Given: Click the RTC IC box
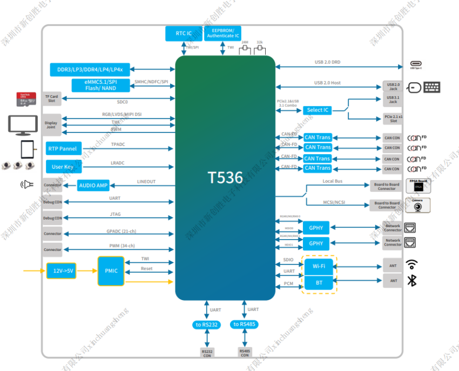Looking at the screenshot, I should tap(184, 34).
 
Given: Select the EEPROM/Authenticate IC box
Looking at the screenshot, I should tap(223, 34).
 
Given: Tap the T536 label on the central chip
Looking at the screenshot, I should tap(225, 177).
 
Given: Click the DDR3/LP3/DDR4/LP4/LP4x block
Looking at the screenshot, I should tap(90, 70).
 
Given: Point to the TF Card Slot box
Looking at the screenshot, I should tap(52, 98).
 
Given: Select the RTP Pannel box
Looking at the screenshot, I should tap(63, 149).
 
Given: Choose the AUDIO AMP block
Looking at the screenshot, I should tap(94, 186).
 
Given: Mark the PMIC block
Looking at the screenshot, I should tap(111, 270).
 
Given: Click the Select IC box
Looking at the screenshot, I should tap(318, 110).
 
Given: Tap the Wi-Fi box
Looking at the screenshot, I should tap(319, 266).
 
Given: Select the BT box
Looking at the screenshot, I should tap(319, 282).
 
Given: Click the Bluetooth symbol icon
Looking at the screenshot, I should tap(411, 280).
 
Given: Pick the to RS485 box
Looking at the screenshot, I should tap(245, 324).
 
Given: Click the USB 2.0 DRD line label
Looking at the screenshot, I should tap(327, 62).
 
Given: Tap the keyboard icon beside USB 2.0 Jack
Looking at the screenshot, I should tap(431, 87).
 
